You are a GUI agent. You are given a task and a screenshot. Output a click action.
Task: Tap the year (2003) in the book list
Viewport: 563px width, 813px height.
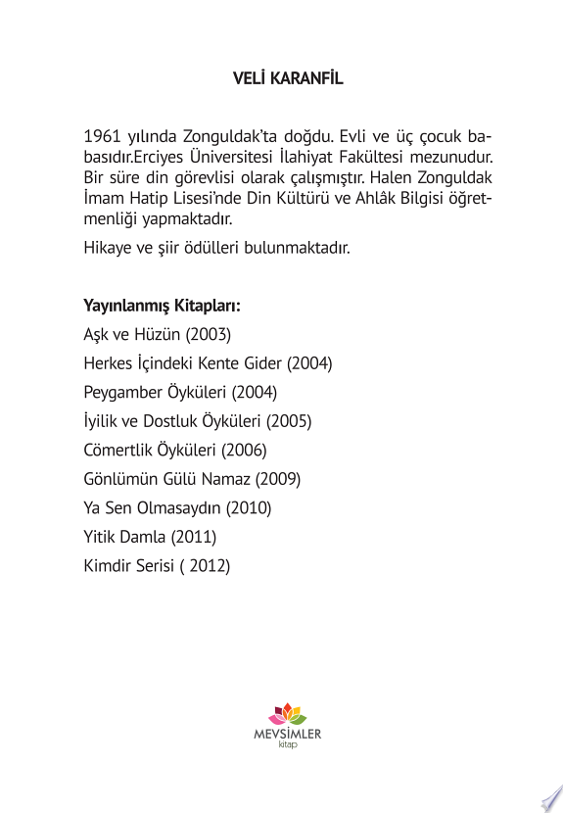[209, 334]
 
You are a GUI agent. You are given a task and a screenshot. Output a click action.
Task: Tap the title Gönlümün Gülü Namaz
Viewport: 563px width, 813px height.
[167, 479]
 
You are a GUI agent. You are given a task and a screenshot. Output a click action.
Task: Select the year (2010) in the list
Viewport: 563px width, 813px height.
[249, 508]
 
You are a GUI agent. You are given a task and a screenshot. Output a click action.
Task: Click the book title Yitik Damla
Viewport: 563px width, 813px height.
[125, 537]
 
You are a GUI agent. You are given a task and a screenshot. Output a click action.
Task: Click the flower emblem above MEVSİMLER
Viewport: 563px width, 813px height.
[288, 712]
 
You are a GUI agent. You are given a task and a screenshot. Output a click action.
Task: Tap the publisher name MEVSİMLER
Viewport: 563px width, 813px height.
[287, 733]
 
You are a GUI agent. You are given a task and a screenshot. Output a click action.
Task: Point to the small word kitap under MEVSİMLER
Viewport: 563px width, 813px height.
[287, 745]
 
